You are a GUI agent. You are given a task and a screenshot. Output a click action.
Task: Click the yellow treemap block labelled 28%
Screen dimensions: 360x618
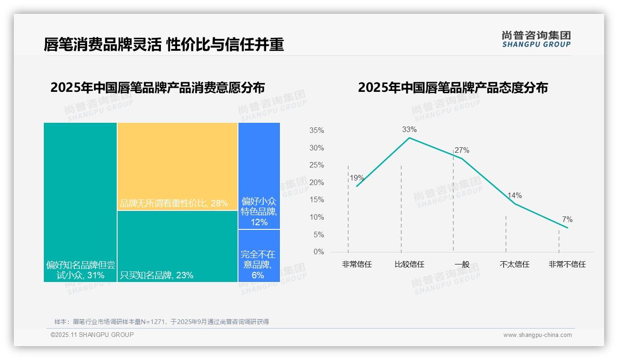[x=178, y=166]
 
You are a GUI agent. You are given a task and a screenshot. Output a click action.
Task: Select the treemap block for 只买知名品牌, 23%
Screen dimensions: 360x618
[x=178, y=246]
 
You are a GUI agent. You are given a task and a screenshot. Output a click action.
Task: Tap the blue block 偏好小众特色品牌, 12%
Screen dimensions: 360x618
[x=259, y=176]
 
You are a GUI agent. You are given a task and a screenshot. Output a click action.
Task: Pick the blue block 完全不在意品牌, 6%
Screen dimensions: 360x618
[x=259, y=256]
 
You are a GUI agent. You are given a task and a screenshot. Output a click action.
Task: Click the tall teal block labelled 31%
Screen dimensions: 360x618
[x=80, y=202]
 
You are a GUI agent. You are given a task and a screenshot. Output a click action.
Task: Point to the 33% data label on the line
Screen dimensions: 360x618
[x=409, y=130]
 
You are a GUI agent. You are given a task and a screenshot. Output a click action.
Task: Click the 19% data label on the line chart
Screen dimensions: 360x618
[x=357, y=178]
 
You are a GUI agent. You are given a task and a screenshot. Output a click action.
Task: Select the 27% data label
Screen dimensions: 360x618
[x=462, y=150]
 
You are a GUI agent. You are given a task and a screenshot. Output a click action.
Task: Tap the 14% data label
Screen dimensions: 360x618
[x=514, y=196]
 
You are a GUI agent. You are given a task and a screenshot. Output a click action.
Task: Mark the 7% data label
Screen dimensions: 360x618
[x=567, y=220]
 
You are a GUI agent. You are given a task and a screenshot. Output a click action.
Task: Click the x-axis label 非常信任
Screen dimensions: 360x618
[x=357, y=265]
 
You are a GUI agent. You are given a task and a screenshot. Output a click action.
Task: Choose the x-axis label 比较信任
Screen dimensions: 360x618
[x=409, y=265]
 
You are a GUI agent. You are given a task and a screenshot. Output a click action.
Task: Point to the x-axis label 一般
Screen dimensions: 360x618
[x=462, y=265]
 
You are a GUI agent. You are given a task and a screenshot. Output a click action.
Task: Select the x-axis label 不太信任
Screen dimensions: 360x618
[x=514, y=265]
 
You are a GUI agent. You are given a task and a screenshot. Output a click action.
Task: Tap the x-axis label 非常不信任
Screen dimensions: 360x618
[x=567, y=265]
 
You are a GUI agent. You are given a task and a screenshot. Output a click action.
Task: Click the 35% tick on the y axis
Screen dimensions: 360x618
[x=316, y=131]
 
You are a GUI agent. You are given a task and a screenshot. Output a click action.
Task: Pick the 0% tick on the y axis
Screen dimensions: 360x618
[x=319, y=252]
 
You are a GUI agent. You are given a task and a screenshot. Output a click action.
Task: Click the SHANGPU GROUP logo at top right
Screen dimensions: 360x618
[x=536, y=39]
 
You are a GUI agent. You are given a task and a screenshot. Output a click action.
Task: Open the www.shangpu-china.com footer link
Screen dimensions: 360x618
[x=537, y=335]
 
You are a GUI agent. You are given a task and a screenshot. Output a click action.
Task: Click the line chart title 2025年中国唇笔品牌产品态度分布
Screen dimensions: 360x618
[x=452, y=88]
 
